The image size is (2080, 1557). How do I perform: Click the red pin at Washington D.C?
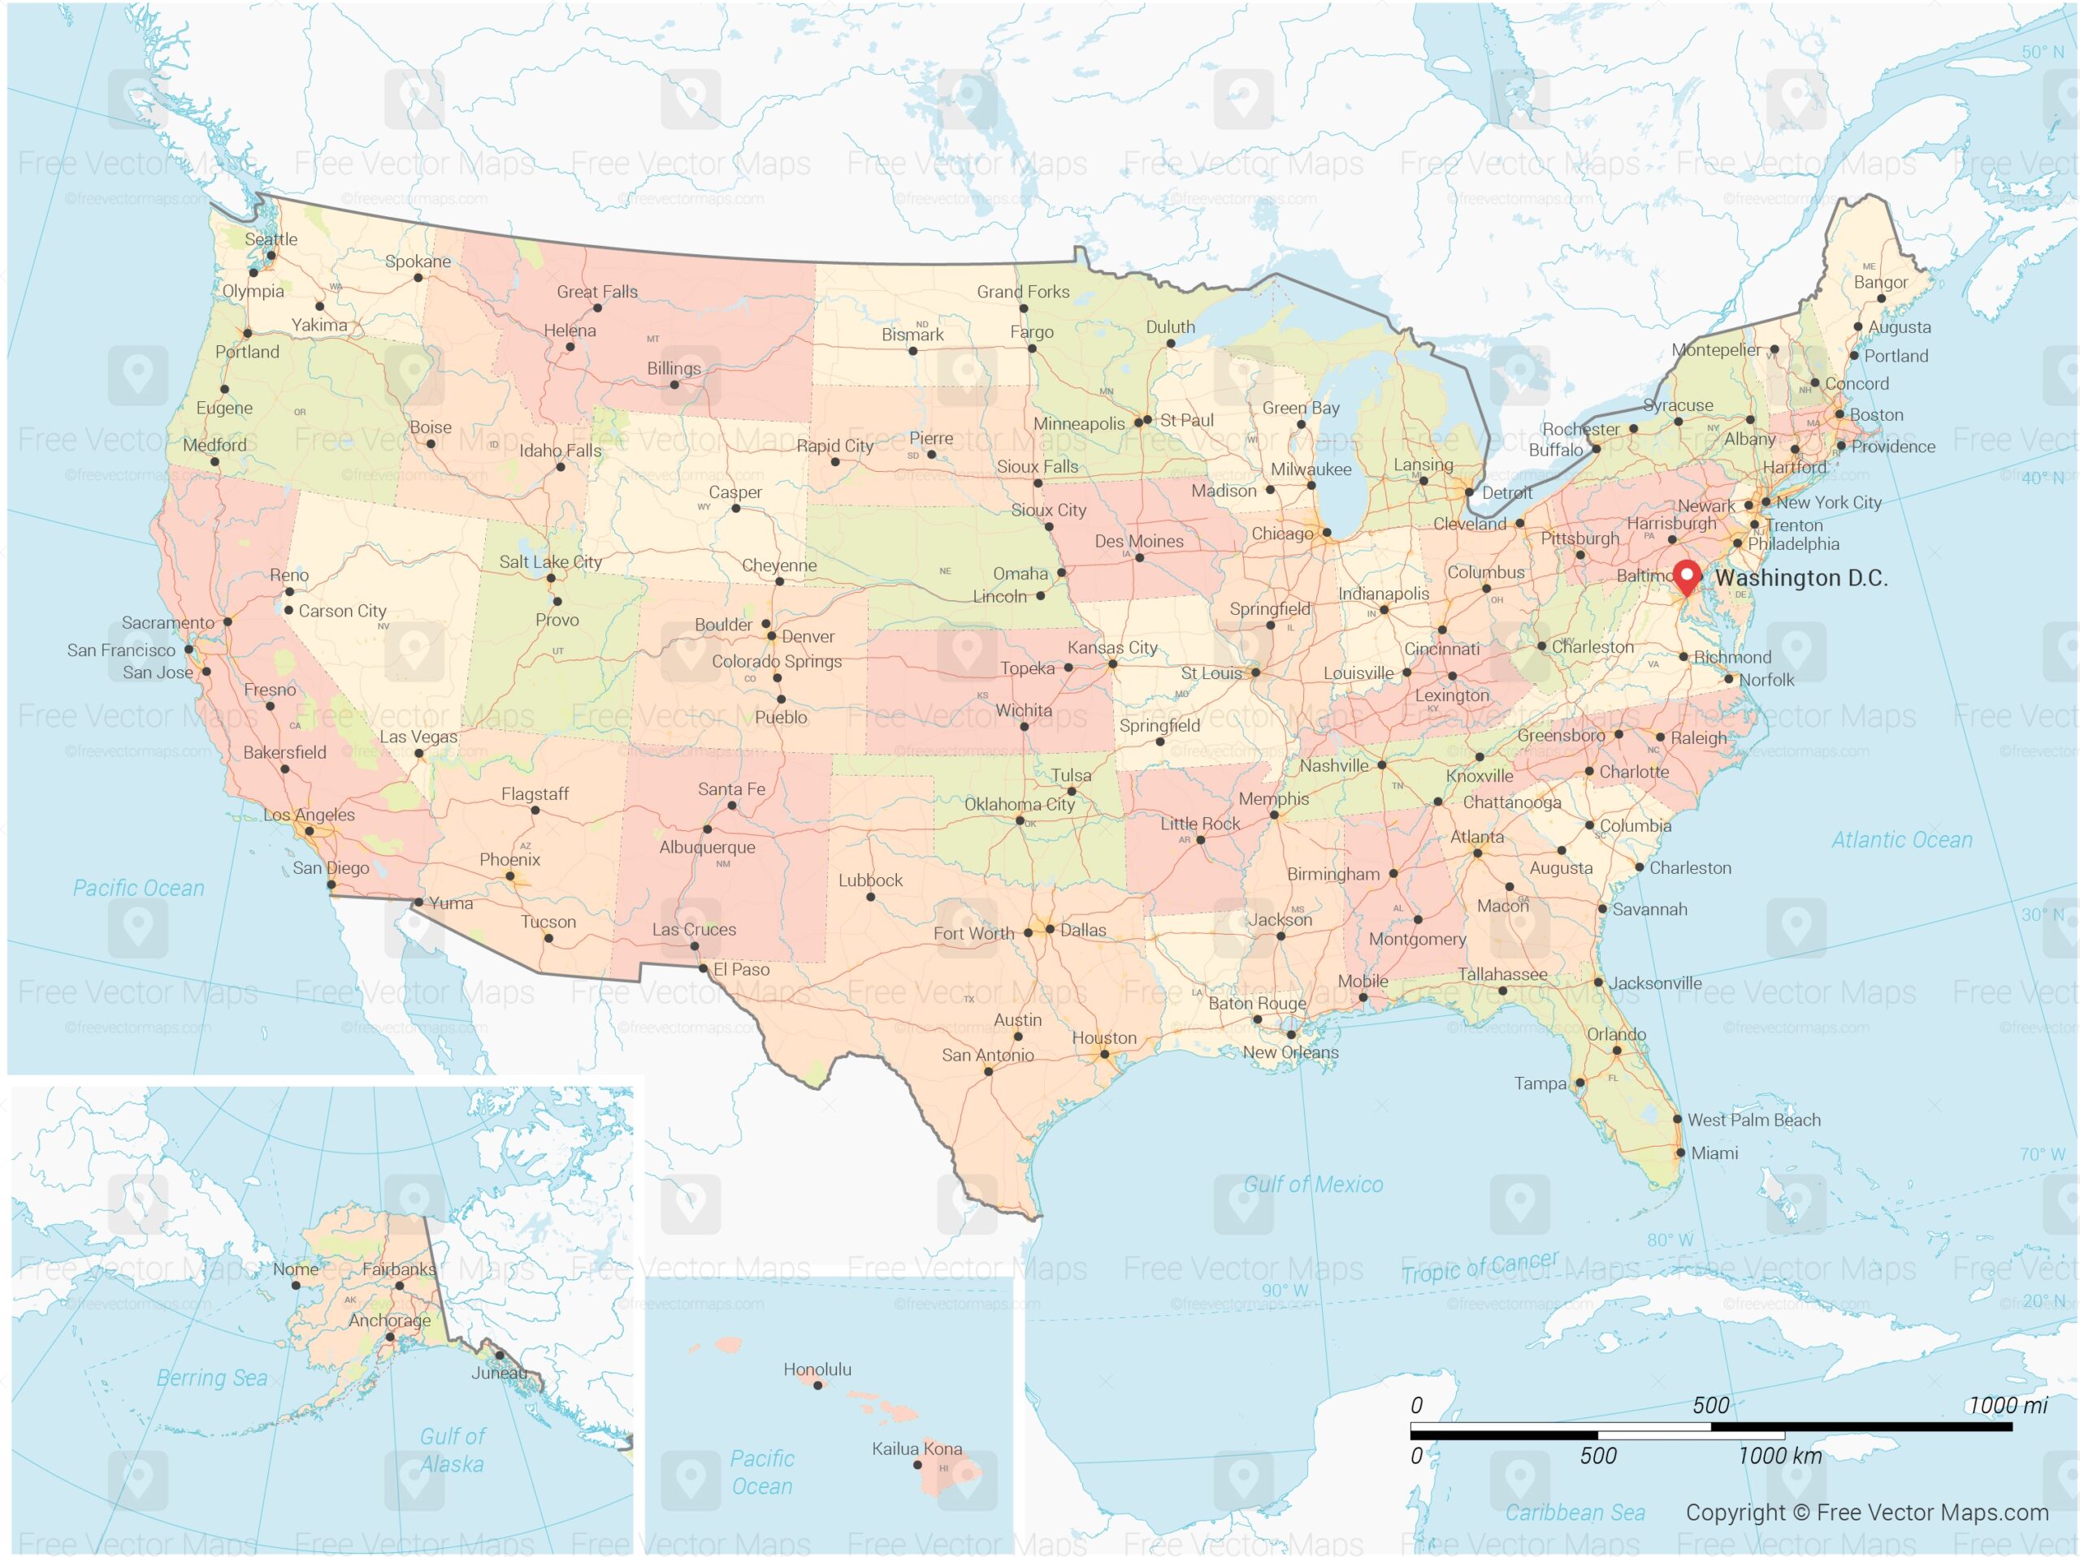[1687, 575]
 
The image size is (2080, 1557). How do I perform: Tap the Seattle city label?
[271, 239]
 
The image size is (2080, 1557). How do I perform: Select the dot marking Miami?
[1680, 1152]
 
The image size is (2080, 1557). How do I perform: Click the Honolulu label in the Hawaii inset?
[817, 1369]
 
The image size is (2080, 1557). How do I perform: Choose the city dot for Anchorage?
[390, 1336]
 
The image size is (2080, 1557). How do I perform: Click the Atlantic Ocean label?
[1901, 840]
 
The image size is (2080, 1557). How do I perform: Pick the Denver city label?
[807, 637]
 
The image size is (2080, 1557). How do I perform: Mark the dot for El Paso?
[704, 968]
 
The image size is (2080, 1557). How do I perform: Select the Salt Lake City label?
[550, 561]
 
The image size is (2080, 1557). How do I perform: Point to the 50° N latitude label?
[2042, 53]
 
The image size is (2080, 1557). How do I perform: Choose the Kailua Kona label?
[916, 1448]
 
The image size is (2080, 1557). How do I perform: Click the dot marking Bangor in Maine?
[1881, 299]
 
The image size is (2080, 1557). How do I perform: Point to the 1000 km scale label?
[1779, 1455]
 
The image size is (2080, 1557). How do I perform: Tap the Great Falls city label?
[596, 292]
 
